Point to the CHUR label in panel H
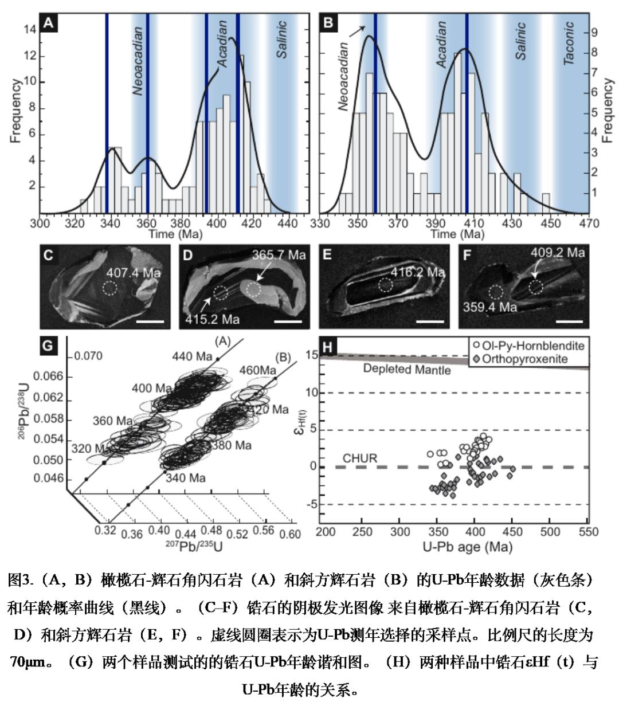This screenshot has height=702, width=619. [359, 458]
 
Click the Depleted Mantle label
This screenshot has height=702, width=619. [407, 370]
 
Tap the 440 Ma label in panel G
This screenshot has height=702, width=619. [191, 356]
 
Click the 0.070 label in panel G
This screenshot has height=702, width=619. [88, 356]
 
